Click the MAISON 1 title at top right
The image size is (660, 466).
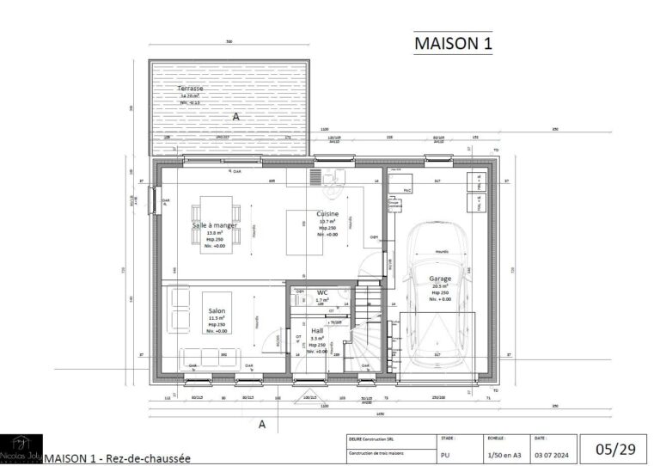(x=453, y=43)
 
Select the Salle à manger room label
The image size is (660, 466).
(x=213, y=225)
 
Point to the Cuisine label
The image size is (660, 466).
(x=327, y=213)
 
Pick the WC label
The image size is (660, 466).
(x=322, y=292)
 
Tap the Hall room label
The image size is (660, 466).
(x=317, y=330)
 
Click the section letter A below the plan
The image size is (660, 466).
(x=261, y=424)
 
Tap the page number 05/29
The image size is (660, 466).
(x=615, y=449)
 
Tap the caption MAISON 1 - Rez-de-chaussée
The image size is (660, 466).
(x=116, y=458)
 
